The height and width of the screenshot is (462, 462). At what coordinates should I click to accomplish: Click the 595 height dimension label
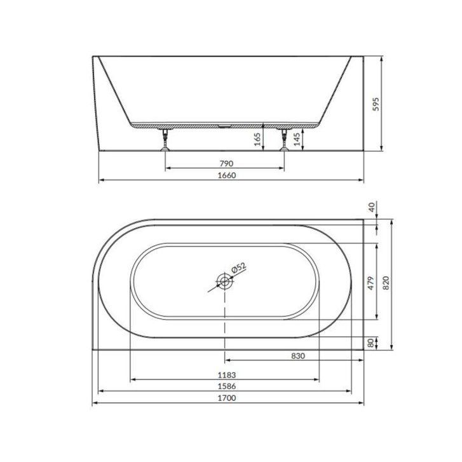376,104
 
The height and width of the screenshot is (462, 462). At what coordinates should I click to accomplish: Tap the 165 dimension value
257,139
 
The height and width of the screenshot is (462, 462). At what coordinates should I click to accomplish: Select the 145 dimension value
297,139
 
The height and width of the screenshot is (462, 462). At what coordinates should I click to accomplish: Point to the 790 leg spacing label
226,163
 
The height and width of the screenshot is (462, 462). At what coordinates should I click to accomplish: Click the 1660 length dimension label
227,175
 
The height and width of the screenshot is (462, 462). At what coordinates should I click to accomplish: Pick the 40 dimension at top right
372,207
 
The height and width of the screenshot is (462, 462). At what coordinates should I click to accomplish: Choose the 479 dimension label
371,283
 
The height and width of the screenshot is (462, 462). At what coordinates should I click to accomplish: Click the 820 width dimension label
386,283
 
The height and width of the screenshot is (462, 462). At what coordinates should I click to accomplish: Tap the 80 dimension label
371,343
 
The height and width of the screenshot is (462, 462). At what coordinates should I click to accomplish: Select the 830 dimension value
298,356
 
